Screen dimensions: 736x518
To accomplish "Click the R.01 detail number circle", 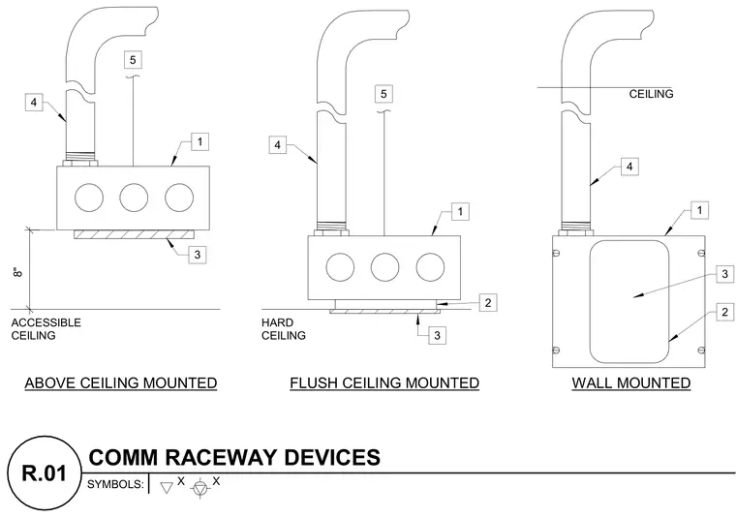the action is point(45,472).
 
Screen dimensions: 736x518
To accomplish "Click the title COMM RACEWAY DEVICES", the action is point(234,457).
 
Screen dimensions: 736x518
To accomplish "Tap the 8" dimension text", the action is point(17,272).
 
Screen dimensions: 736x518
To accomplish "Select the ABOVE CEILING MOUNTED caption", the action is point(121,382).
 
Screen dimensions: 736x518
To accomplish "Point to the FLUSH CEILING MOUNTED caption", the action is point(384,382).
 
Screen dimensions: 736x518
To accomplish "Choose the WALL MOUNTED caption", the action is point(630,382).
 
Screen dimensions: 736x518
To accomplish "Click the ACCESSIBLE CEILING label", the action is point(46,329).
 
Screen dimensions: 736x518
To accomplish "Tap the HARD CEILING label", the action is point(284,329).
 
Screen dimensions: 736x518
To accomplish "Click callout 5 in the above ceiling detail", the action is point(133,60).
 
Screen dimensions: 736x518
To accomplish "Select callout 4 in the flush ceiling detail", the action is point(277,145).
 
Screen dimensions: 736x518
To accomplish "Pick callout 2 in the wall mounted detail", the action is point(725,312).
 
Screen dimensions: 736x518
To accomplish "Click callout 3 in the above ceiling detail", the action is point(198,255).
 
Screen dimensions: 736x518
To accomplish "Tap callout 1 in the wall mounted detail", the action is point(700,210).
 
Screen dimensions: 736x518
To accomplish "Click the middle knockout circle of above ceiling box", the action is point(134,198).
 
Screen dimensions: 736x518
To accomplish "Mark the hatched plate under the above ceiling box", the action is point(134,234).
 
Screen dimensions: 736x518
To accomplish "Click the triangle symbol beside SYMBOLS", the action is point(167,488).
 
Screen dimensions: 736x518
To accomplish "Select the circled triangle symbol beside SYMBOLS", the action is point(199,488).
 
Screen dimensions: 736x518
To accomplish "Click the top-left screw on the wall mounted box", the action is point(557,253).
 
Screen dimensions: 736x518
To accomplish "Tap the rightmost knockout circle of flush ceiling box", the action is point(430,267).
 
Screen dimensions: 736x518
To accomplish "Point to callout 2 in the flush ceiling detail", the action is point(488,303).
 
